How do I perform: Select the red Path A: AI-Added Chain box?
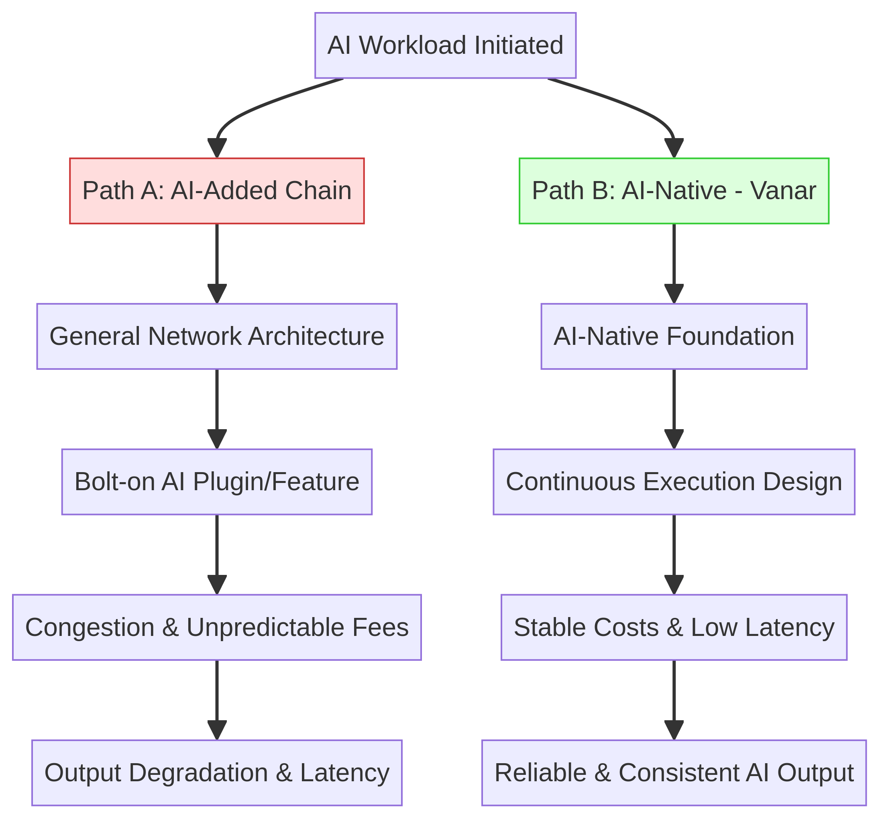coord(217,191)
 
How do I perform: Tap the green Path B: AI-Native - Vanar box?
coord(674,191)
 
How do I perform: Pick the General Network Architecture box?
coord(217,336)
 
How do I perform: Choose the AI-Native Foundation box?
coord(674,336)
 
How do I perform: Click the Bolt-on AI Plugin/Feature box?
coord(217,482)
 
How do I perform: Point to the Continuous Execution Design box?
coord(674,482)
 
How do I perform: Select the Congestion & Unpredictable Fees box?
coord(217,627)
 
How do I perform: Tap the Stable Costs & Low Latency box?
coord(674,627)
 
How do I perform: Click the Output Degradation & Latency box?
coord(217,773)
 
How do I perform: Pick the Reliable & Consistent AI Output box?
coord(674,773)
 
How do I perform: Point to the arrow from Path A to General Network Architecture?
coord(217,264)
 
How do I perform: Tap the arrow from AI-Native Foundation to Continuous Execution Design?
coord(674,409)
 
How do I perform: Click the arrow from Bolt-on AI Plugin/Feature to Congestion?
coord(217,555)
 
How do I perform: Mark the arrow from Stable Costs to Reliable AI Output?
coord(674,700)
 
